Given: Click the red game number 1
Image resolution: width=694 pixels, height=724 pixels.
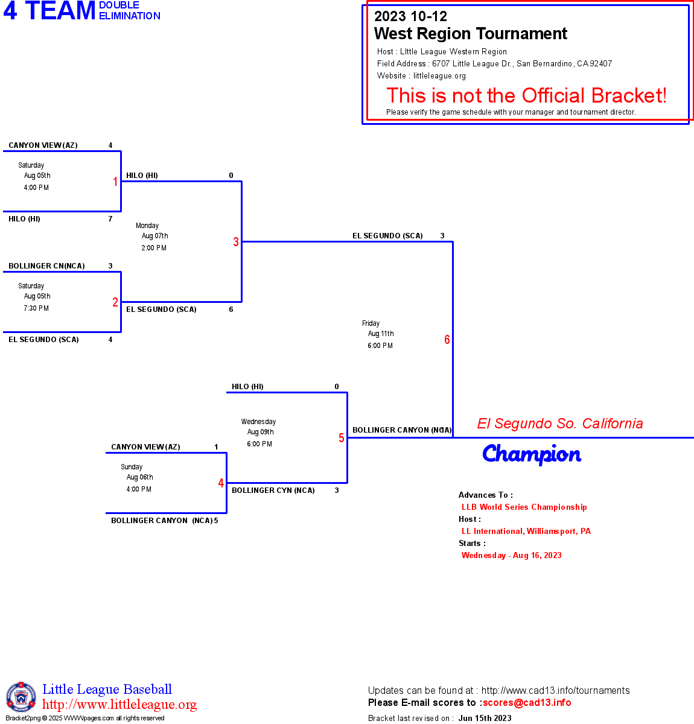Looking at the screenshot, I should pyautogui.click(x=115, y=182).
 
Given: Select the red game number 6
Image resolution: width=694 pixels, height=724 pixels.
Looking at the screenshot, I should pyautogui.click(x=447, y=340).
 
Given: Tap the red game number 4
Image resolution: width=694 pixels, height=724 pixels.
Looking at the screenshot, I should pyautogui.click(x=221, y=483).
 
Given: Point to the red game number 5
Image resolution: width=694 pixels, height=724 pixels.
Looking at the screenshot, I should pyautogui.click(x=342, y=438).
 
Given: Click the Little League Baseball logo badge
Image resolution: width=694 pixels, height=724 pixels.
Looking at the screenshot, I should pyautogui.click(x=21, y=697).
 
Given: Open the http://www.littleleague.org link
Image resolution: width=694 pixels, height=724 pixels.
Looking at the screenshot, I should pyautogui.click(x=119, y=705).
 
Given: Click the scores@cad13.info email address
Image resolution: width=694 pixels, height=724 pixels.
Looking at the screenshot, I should pyautogui.click(x=527, y=702).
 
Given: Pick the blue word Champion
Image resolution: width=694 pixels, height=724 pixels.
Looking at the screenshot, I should pyautogui.click(x=532, y=454).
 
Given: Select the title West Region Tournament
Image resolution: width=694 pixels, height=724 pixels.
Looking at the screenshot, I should pyautogui.click(x=471, y=34).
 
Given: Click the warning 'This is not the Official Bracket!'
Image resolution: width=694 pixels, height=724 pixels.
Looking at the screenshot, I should pyautogui.click(x=526, y=95).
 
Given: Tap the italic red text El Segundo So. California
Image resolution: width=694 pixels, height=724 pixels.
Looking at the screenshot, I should pyautogui.click(x=560, y=424).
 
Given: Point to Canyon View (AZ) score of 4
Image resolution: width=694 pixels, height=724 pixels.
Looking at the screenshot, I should pyautogui.click(x=110, y=145).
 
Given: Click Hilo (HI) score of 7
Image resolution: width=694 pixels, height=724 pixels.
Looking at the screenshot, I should pyautogui.click(x=110, y=219).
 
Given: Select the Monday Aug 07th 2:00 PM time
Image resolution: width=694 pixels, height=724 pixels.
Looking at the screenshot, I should pyautogui.click(x=153, y=236).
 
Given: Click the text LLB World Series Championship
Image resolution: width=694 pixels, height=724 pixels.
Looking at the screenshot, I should pyautogui.click(x=524, y=507).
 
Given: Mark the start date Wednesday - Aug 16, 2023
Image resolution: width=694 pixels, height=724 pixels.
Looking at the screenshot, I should pyautogui.click(x=511, y=556).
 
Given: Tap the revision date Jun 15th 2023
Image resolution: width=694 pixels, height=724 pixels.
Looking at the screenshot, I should pyautogui.click(x=485, y=718).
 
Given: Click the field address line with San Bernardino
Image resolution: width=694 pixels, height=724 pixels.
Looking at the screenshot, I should pyautogui.click(x=494, y=64).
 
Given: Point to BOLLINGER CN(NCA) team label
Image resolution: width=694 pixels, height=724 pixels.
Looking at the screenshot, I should pyautogui.click(x=46, y=266).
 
